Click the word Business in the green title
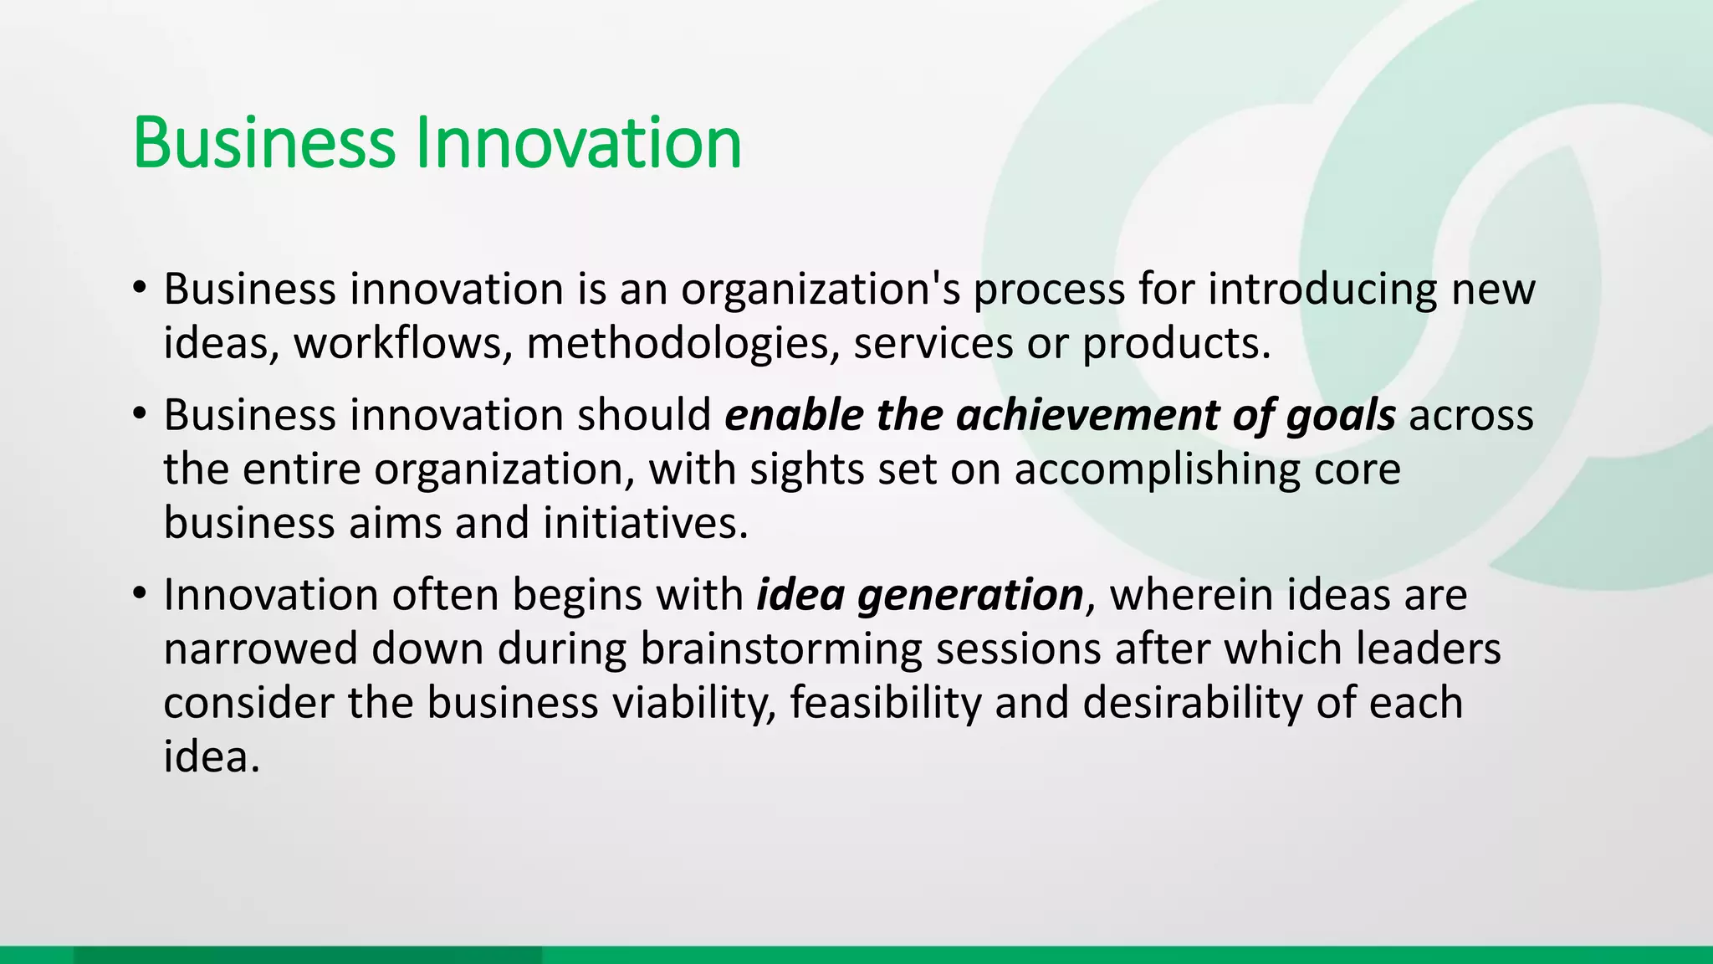click(x=263, y=143)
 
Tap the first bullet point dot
click(x=140, y=289)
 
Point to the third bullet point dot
click(x=140, y=595)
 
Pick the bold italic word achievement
click(x=1087, y=415)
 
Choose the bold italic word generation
click(x=970, y=595)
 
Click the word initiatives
click(x=645, y=523)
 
